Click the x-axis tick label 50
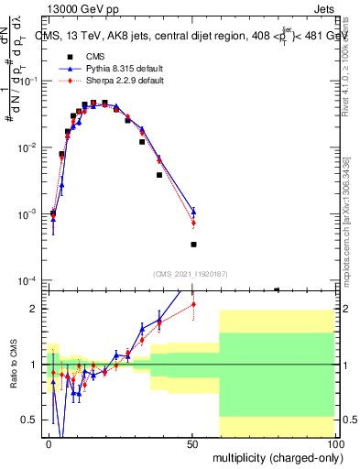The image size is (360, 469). click(193, 443)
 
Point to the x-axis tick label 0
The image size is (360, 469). click(49, 443)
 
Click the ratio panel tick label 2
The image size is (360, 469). click(38, 309)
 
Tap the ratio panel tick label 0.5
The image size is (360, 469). click(33, 420)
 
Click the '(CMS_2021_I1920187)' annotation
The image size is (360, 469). click(191, 273)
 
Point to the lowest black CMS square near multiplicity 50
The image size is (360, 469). click(193, 245)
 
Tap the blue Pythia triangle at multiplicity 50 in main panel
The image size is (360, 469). click(193, 212)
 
